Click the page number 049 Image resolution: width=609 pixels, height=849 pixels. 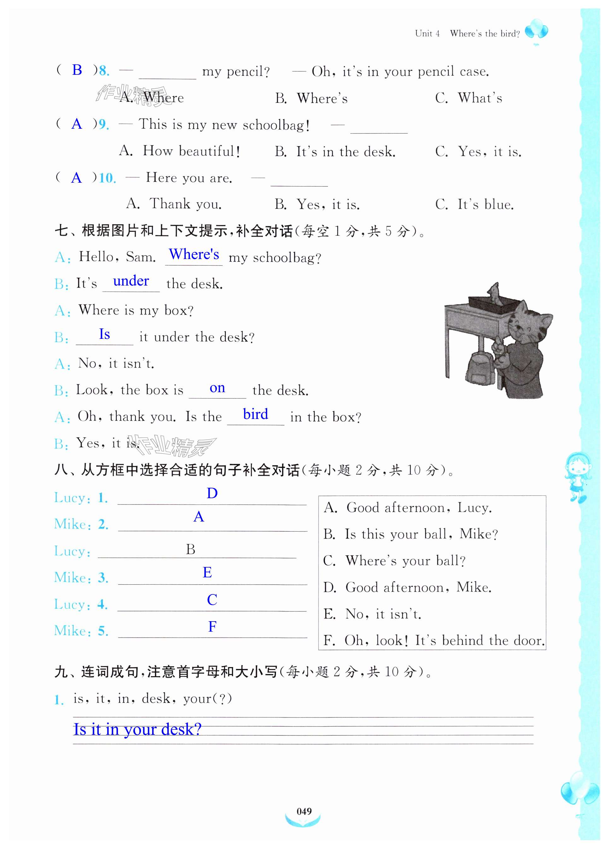304,811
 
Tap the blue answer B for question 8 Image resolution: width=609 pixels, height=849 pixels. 77,70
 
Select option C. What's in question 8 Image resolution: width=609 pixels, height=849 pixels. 469,98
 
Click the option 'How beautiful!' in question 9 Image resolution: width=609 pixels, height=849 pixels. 180,151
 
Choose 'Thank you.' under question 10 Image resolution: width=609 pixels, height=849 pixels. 174,204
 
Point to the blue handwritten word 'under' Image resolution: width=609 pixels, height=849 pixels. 131,281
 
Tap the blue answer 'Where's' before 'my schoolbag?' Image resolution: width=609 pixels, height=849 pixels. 194,254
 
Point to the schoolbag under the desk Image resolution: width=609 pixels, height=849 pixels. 479,367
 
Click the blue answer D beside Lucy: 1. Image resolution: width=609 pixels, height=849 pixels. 212,493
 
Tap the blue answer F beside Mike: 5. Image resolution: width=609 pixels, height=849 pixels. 212,627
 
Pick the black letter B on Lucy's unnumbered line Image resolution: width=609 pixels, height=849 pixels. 190,550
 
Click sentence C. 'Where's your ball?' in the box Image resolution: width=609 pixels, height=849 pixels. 395,561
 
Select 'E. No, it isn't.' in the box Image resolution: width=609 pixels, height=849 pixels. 372,614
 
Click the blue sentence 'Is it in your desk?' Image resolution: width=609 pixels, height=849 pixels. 138,729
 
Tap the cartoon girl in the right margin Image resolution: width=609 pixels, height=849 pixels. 577,475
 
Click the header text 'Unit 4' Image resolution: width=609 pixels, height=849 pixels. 427,34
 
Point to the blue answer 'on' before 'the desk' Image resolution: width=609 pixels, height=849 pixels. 217,388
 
